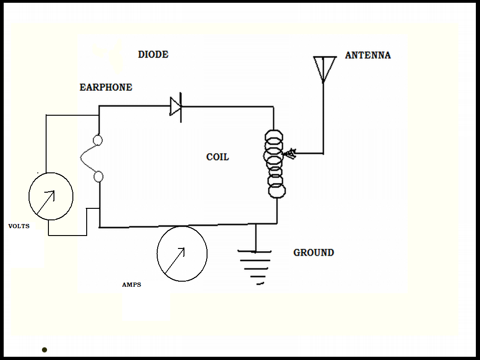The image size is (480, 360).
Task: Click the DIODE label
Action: pos(153,54)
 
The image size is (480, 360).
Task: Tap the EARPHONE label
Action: pos(106,87)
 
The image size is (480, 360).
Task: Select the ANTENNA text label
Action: pos(367,55)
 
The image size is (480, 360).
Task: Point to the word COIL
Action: pos(217,157)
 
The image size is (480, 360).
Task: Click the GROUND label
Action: pos(314,253)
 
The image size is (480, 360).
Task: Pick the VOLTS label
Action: pos(19,226)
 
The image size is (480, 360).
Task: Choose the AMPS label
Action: pos(131,285)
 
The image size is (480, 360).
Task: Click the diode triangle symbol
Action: pos(176,107)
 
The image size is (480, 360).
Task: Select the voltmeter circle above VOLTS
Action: pos(51,196)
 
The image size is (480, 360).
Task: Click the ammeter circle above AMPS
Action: pos(182,254)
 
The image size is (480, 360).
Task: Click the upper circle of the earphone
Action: pos(98,140)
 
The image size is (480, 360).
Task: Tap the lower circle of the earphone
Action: pos(98,176)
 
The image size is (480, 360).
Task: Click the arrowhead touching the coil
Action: pos(290,153)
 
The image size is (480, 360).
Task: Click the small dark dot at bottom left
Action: pos(44,350)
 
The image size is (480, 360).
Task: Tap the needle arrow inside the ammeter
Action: pos(175,260)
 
